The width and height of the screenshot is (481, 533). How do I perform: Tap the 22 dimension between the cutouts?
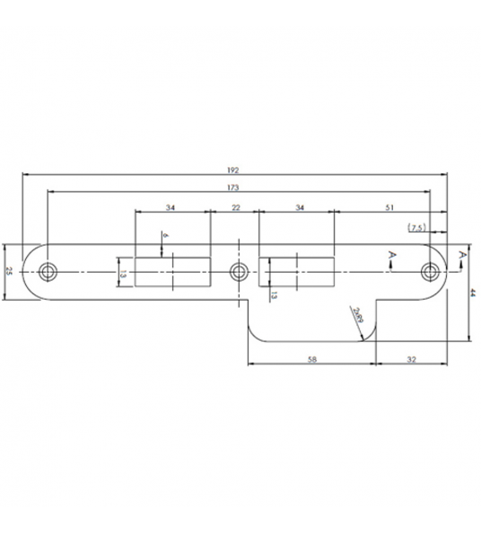[x=234, y=207]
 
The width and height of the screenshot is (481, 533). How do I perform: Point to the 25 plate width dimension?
[x=8, y=271]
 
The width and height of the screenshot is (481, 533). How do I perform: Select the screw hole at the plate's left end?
[x=48, y=271]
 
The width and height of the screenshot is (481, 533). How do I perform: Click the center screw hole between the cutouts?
[x=238, y=271]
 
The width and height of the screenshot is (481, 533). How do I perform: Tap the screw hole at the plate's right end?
[x=433, y=271]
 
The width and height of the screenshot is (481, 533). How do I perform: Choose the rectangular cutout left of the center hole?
[x=171, y=271]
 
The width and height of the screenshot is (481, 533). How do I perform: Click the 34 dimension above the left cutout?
[x=171, y=207]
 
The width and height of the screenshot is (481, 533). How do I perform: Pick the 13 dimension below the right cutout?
[x=274, y=295]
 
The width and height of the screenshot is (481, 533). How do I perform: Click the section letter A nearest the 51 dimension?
[x=392, y=256]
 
